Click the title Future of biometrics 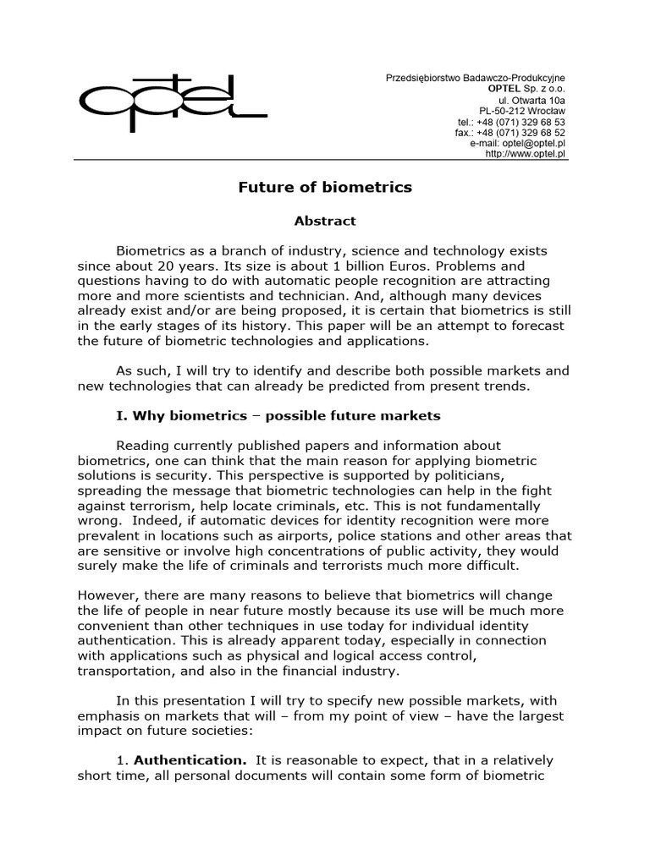[x=324, y=188]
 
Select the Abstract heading [x=324, y=222]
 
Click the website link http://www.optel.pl [x=526, y=155]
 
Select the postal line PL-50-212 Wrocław [x=522, y=111]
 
